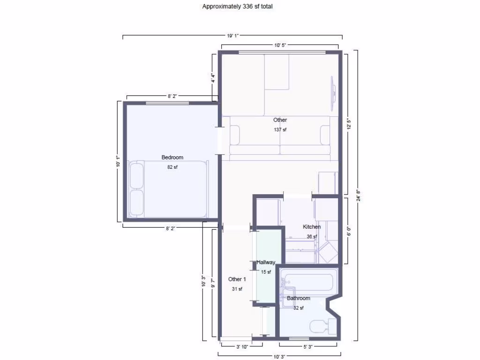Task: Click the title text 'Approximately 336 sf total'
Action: tap(237, 7)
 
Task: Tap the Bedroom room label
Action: tap(172, 157)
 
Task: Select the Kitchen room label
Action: tap(312, 227)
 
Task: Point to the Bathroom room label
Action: tap(299, 298)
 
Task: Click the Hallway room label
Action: tap(266, 262)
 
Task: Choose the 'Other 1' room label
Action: tap(237, 279)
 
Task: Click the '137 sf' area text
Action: tap(280, 130)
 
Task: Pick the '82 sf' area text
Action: tap(172, 167)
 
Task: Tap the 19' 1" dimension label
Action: tap(233, 36)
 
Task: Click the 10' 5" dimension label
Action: tap(280, 45)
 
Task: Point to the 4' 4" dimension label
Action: tap(213, 78)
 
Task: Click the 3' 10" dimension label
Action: tap(241, 347)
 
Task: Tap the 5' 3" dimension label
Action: tap(308, 347)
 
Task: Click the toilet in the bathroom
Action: tap(322, 326)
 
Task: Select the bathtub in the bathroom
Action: tap(308, 282)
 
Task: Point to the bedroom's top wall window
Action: tap(167, 103)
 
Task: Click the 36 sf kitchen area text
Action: tap(312, 237)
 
